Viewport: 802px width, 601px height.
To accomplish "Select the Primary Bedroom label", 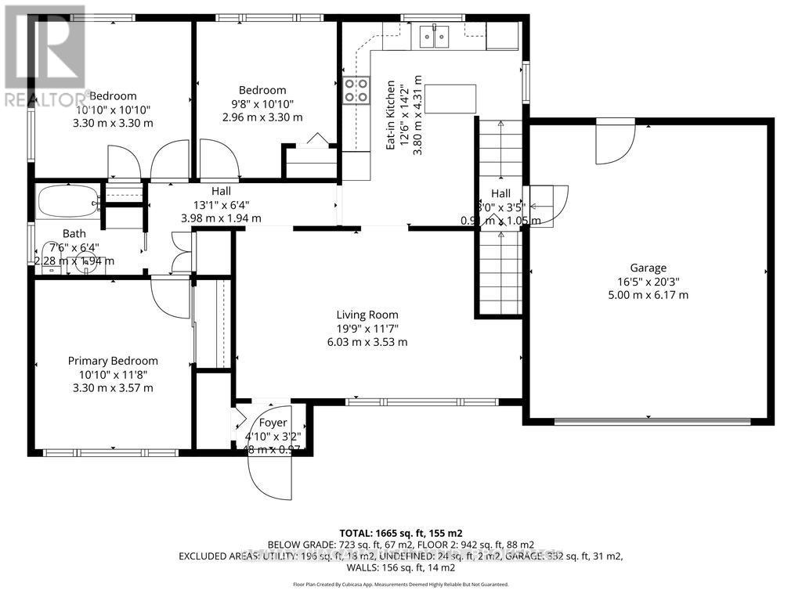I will pos(113,361).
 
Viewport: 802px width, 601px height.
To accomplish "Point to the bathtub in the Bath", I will pos(67,203).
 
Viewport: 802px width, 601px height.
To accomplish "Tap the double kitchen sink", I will pos(432,36).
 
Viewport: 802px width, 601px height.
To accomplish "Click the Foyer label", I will pos(273,423).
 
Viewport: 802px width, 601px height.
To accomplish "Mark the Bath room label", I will pos(74,233).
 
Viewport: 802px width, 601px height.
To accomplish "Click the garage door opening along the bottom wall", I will pos(650,421).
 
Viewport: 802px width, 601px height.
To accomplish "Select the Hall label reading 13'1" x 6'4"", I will pos(221,192).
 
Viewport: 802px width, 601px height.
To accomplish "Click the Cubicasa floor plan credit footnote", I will pos(400,584).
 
